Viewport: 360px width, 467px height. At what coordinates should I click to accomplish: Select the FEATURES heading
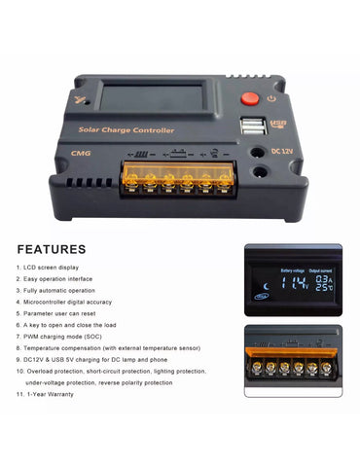(52, 249)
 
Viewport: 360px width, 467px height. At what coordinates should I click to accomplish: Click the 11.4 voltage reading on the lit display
(295, 283)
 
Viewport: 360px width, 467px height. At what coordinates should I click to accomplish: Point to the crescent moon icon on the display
(265, 285)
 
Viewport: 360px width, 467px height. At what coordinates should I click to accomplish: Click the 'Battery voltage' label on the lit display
(292, 269)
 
